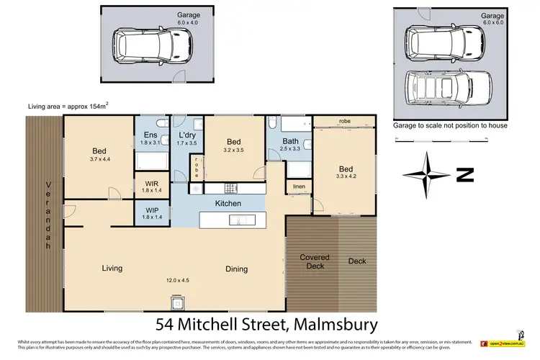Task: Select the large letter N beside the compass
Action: pos(467,174)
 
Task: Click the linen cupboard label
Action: pos(298,187)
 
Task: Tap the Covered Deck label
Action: pos(315,261)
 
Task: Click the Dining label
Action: pos(236,269)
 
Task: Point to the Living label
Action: pos(112,268)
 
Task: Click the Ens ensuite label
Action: pos(150,135)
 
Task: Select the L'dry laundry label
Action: pos(187,135)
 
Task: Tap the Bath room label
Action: pos(291,141)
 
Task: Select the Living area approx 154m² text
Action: pos(68,106)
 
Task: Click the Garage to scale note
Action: pos(450,125)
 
